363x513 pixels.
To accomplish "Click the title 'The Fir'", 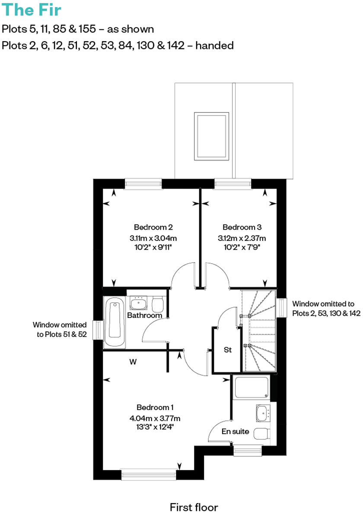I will click(32, 10).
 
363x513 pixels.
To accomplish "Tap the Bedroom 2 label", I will click(153, 227).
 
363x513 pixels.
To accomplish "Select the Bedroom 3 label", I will click(242, 227).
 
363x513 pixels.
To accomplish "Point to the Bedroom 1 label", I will click(155, 407).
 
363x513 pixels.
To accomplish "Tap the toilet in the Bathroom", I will click(157, 304).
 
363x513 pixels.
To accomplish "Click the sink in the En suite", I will click(262, 414).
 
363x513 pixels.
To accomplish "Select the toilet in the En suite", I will click(262, 433).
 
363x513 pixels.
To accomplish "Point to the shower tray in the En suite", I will click(251, 388).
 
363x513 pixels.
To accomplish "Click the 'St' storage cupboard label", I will click(228, 350).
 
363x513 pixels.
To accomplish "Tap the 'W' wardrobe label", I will click(133, 362).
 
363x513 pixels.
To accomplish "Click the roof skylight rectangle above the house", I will click(211, 135).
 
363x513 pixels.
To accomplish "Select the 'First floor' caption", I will click(194, 507).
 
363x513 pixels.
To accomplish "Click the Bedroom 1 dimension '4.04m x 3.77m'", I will click(155, 418).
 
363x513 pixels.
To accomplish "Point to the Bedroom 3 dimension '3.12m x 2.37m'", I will click(242, 238).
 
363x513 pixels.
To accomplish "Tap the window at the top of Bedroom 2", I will click(143, 184).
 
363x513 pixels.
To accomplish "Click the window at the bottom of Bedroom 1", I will click(149, 475).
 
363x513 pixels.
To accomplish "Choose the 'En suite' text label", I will click(236, 431).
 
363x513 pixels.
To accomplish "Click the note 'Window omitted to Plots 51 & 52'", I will click(60, 328).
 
